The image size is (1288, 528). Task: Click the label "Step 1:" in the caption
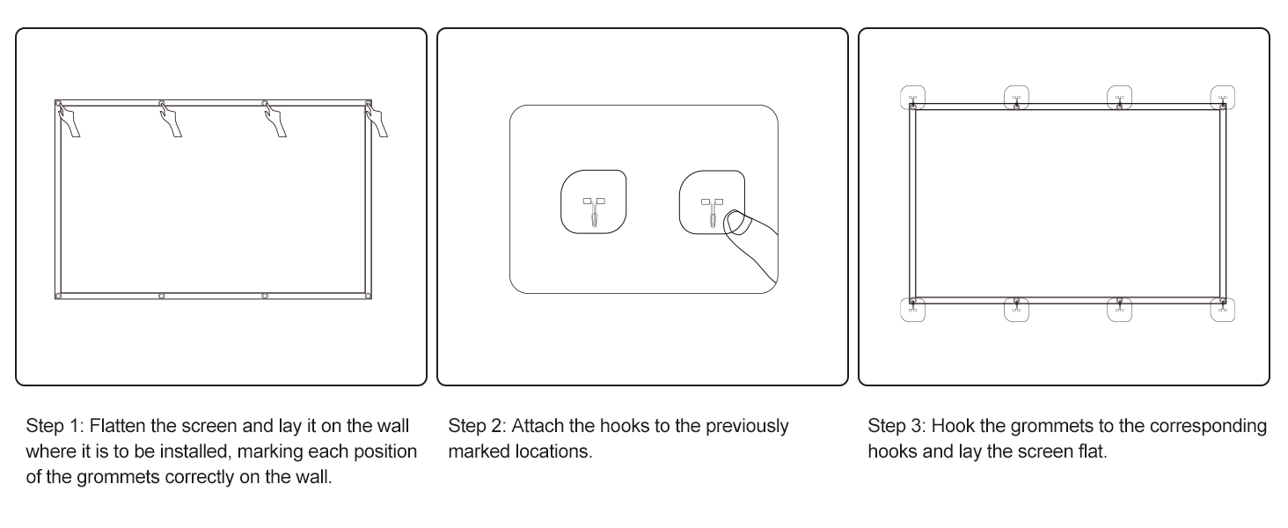[55, 426]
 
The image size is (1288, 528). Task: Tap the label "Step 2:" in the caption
[477, 426]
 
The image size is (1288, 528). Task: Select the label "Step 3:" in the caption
[897, 426]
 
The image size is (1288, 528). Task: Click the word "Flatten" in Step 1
[117, 426]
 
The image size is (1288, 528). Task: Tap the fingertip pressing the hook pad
[736, 222]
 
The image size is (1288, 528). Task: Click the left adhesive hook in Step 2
[593, 202]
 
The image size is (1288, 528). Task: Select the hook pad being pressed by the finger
[712, 202]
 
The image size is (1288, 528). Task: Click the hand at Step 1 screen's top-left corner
[69, 121]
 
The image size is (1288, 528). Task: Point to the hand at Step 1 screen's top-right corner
[377, 121]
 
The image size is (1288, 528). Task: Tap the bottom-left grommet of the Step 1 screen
[58, 297]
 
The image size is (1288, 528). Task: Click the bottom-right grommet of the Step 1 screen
[368, 297]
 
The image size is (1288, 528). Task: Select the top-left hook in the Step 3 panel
[912, 98]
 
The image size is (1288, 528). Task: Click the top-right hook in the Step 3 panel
[1222, 98]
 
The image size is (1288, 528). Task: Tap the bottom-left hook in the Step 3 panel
[912, 310]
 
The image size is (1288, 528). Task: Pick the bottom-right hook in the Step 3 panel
[1222, 310]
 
